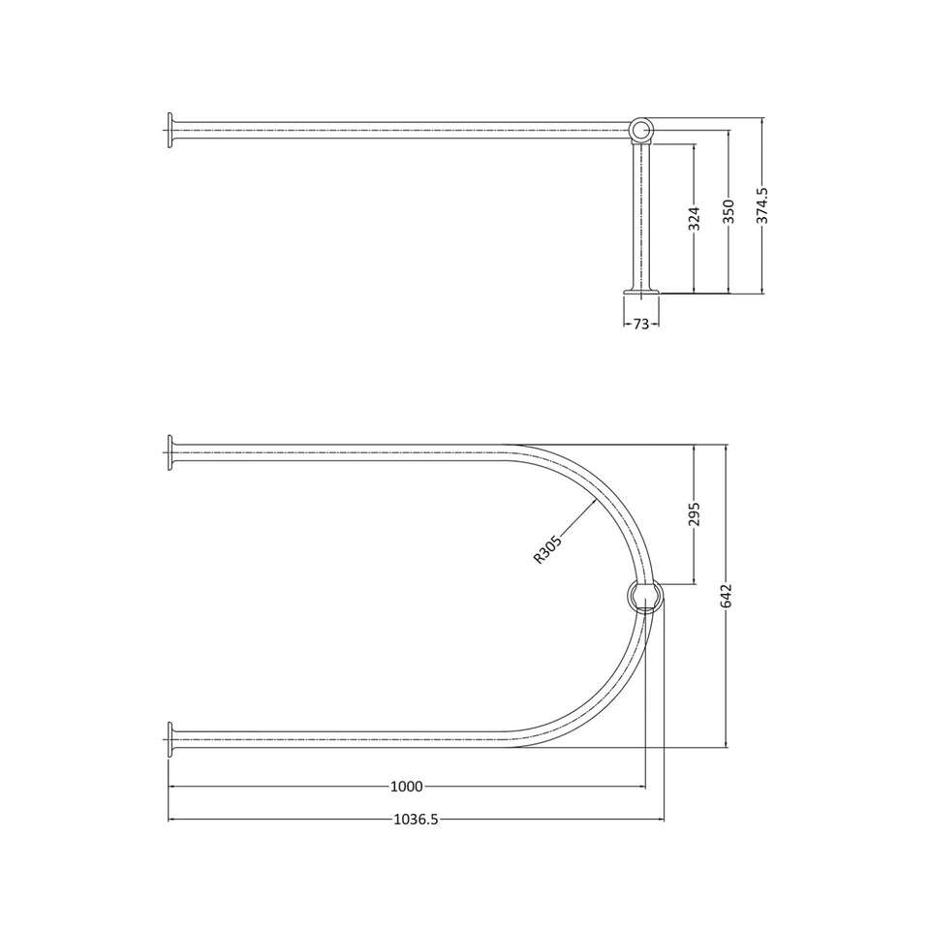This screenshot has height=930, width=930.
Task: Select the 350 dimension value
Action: pos(728,211)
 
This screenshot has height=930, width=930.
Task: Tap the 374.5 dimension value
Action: pos(762,206)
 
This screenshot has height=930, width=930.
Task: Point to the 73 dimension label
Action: pos(640,325)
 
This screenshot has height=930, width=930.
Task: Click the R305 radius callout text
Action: pos(547,549)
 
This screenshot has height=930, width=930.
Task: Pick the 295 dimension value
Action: pos(694,514)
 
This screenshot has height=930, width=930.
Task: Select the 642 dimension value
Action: pos(728,596)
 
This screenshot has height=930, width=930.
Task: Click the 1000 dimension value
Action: pos(407,787)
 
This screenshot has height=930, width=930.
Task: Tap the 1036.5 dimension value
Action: pos(417,819)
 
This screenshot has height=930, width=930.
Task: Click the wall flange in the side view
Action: pos(170,131)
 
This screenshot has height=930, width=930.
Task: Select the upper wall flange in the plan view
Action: pos(170,452)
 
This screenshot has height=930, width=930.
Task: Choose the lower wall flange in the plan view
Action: pos(170,739)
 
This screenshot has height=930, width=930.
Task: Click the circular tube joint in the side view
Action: pos(642,130)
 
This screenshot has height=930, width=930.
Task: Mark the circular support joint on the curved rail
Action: pos(645,596)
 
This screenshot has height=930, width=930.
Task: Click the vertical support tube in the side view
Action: pos(642,213)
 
